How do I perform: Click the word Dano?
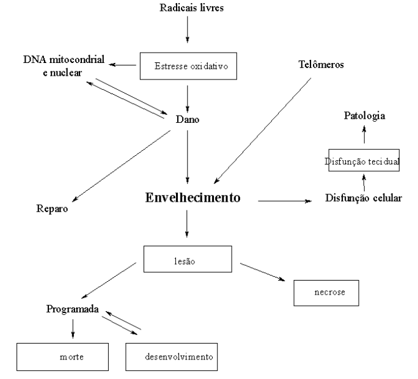[x=188, y=119]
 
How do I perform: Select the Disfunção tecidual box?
[x=363, y=161]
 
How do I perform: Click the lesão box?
[x=187, y=259]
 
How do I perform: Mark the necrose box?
[x=326, y=292]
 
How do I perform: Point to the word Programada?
[x=73, y=309]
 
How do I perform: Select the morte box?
[x=63, y=356]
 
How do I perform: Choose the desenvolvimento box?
[x=172, y=356]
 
